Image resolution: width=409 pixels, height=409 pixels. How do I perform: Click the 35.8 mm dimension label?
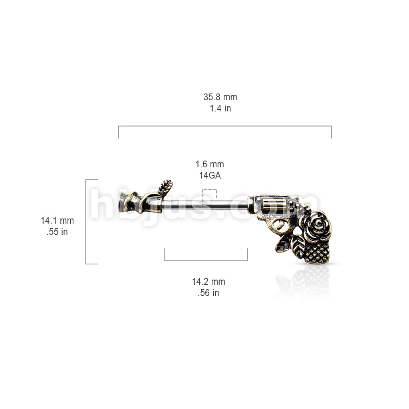[220, 97]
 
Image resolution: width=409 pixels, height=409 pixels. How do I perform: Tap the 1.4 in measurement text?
[220, 108]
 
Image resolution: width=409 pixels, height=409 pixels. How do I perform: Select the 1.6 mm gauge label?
[210, 164]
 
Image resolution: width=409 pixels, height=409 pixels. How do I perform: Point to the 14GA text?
[210, 175]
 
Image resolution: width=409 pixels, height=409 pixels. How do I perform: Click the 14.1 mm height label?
[57, 220]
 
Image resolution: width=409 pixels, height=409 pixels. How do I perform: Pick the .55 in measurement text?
[57, 232]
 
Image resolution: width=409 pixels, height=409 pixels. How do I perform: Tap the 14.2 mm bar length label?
[208, 282]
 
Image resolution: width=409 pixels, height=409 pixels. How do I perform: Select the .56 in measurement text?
[208, 293]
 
